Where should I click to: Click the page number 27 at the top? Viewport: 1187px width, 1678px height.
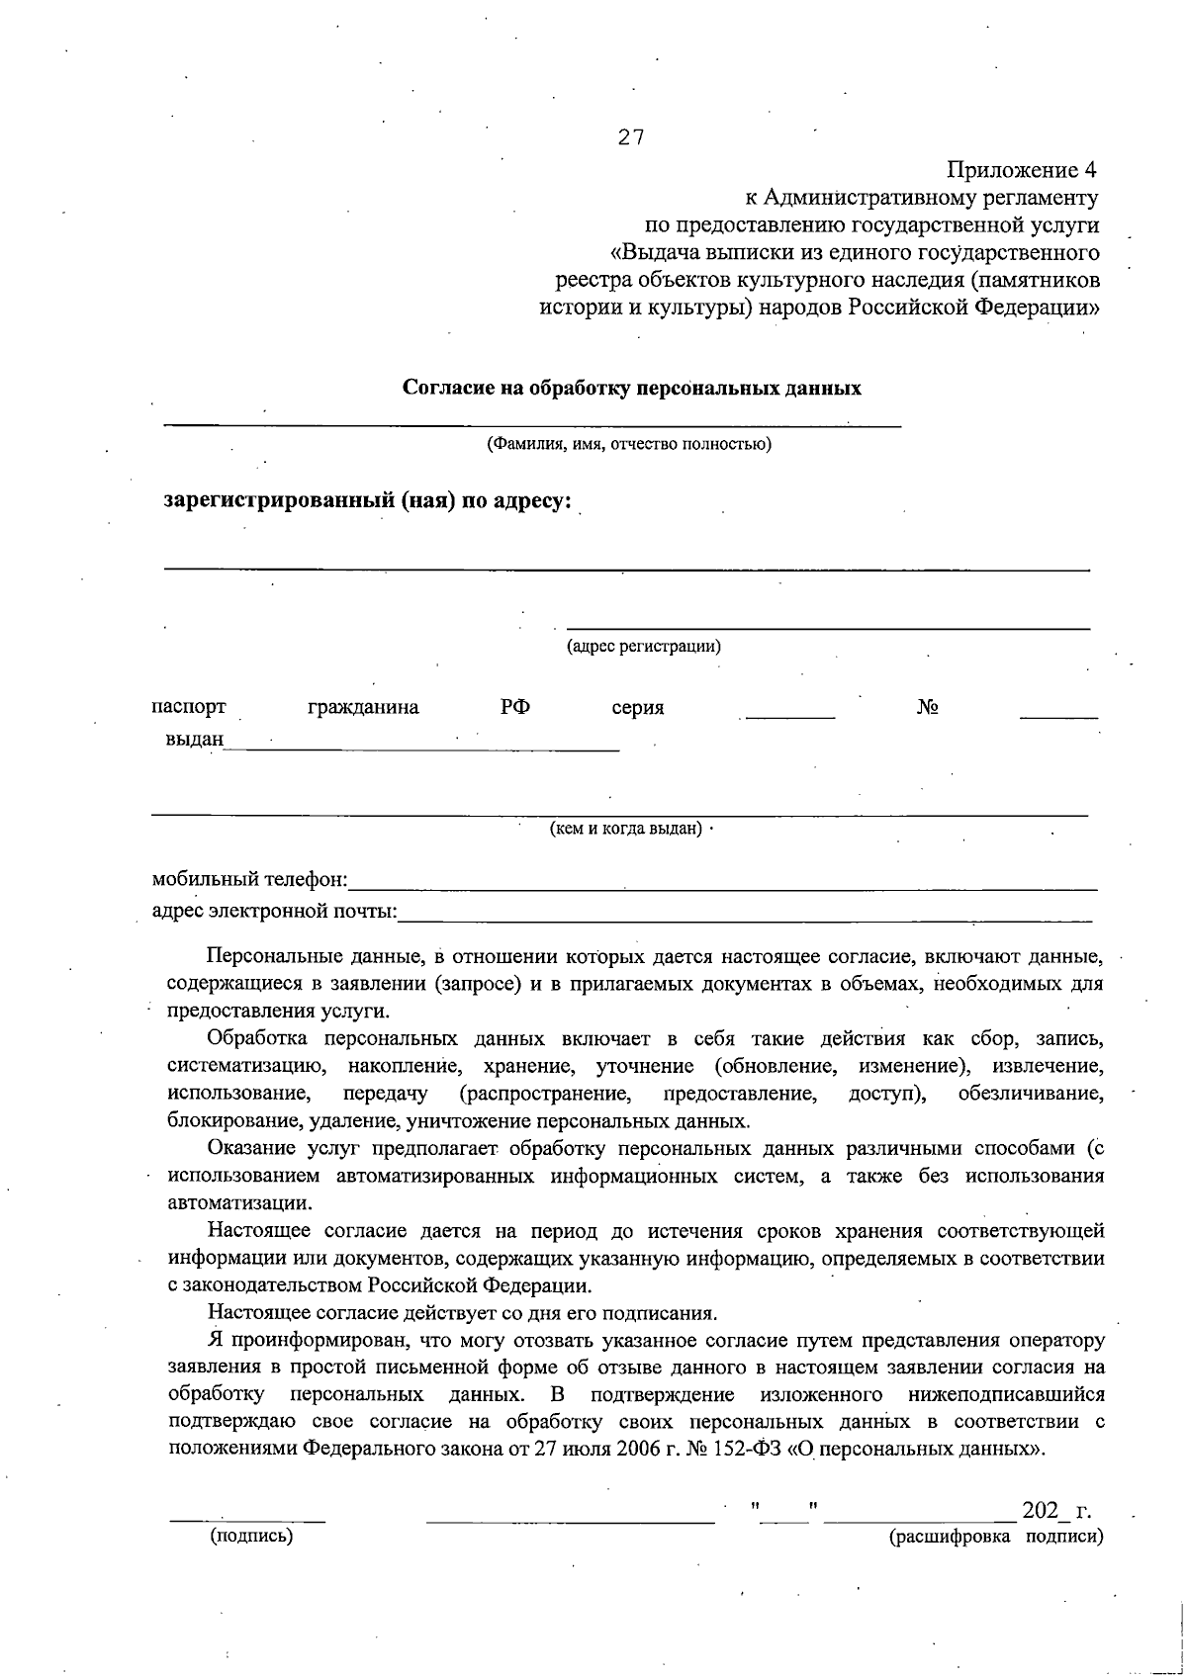pos(631,138)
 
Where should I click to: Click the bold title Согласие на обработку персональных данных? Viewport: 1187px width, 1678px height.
pos(631,389)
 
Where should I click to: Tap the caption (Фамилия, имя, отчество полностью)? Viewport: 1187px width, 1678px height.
pos(628,444)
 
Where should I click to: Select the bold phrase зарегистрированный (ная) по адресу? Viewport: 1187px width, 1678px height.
pos(368,500)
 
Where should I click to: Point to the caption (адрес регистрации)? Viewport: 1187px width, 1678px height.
pos(643,648)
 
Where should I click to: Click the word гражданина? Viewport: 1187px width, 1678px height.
pos(363,708)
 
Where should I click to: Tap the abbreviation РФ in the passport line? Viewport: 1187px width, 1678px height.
pos(514,707)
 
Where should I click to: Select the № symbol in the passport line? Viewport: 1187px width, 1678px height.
pos(927,708)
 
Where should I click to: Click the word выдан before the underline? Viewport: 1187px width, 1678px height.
pos(194,740)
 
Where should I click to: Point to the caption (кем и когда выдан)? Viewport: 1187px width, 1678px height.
pos(626,829)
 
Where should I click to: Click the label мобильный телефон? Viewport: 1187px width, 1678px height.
pos(249,879)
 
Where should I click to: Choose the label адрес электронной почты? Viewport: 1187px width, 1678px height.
pos(273,911)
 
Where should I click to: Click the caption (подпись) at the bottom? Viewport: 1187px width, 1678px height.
pos(251,1538)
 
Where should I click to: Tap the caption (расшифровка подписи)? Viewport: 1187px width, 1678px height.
pos(996,1537)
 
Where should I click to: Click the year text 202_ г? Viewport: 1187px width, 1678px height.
pos(1056,1512)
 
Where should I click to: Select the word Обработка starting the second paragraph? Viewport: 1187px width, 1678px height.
pos(258,1040)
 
